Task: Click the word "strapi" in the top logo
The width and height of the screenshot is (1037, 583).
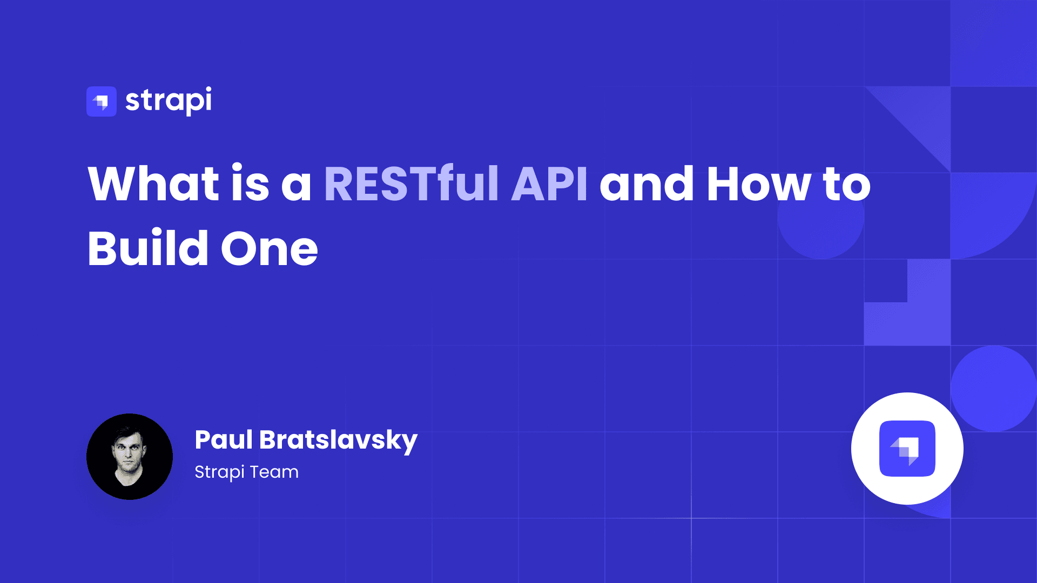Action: (x=169, y=101)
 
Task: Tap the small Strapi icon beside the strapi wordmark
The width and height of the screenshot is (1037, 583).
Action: (x=102, y=101)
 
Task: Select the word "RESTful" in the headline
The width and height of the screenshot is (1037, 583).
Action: (x=410, y=184)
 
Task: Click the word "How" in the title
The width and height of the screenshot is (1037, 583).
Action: (x=758, y=184)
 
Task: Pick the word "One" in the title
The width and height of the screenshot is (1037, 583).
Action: (x=269, y=249)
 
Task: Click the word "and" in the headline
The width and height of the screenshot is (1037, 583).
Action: (x=647, y=184)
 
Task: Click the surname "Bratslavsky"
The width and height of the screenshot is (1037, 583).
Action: (x=338, y=440)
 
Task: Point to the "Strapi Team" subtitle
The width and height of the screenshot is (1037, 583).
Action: (x=246, y=472)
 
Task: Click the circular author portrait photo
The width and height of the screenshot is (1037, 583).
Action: (x=130, y=457)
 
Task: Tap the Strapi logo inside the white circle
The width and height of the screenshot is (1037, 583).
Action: (x=907, y=449)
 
